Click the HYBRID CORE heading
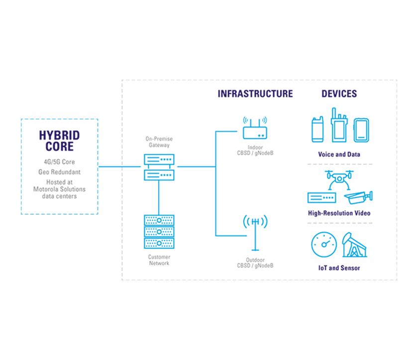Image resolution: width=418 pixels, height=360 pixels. pos(59,140)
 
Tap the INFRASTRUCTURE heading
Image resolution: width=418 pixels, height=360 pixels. pos(255,94)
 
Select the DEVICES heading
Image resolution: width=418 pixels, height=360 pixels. pos(339,94)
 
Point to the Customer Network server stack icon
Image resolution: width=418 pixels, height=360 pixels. pos(159,232)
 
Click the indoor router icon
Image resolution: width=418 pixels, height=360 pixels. pos(255,129)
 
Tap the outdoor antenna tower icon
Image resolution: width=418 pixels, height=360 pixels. pos(255,232)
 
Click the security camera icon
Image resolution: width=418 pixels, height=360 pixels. pos(358,198)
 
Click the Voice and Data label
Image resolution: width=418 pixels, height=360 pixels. pos(339,154)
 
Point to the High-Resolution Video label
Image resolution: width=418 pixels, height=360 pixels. pos(339,213)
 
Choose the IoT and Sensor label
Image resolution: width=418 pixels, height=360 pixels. pos(339,268)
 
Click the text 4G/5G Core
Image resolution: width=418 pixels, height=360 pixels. pos(59,162)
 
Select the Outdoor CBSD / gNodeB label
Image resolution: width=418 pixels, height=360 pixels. pos(255,263)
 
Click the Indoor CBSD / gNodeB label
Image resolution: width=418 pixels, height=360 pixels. pos(255,149)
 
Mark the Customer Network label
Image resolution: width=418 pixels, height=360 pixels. pos(159,260)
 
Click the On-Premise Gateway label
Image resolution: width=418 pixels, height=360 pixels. pos(158,142)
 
